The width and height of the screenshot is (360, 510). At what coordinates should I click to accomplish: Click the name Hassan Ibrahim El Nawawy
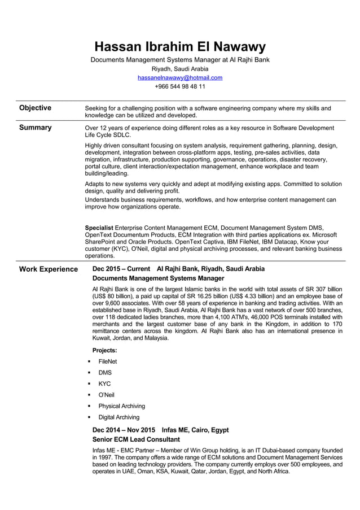pyautogui.click(x=180, y=47)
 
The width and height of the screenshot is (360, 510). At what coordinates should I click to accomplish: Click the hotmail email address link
pyautogui.click(x=180, y=77)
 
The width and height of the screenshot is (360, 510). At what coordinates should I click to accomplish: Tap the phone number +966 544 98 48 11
pyautogui.click(x=180, y=86)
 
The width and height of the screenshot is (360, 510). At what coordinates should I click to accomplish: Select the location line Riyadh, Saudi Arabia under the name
pyautogui.click(x=180, y=68)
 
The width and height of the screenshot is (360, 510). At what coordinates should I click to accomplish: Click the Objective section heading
pyautogui.click(x=35, y=108)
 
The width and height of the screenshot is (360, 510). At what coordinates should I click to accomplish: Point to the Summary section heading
pyautogui.click(x=35, y=128)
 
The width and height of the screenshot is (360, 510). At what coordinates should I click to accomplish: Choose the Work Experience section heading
pyautogui.click(x=49, y=269)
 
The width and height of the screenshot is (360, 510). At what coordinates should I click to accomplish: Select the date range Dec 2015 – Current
pyautogui.click(x=121, y=269)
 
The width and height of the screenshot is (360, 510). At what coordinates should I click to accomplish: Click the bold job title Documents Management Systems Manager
pyautogui.click(x=158, y=278)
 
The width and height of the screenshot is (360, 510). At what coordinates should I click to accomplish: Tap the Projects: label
pyautogui.click(x=104, y=350)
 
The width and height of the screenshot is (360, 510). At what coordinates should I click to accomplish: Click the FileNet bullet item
pyautogui.click(x=108, y=361)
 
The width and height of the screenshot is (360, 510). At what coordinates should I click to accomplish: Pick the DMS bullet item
pyautogui.click(x=105, y=373)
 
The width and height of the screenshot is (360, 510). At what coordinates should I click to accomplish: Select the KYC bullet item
pyautogui.click(x=104, y=383)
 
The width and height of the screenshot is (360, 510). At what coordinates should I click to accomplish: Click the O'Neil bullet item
pyautogui.click(x=106, y=395)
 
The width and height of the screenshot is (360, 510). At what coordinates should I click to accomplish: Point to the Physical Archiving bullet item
pyautogui.click(x=121, y=406)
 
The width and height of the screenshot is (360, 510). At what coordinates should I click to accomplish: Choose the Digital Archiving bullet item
pyautogui.click(x=118, y=417)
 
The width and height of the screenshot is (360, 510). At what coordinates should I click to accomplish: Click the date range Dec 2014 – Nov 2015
pyautogui.click(x=123, y=430)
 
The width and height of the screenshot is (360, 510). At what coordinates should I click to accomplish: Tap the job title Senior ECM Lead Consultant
pyautogui.click(x=136, y=439)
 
